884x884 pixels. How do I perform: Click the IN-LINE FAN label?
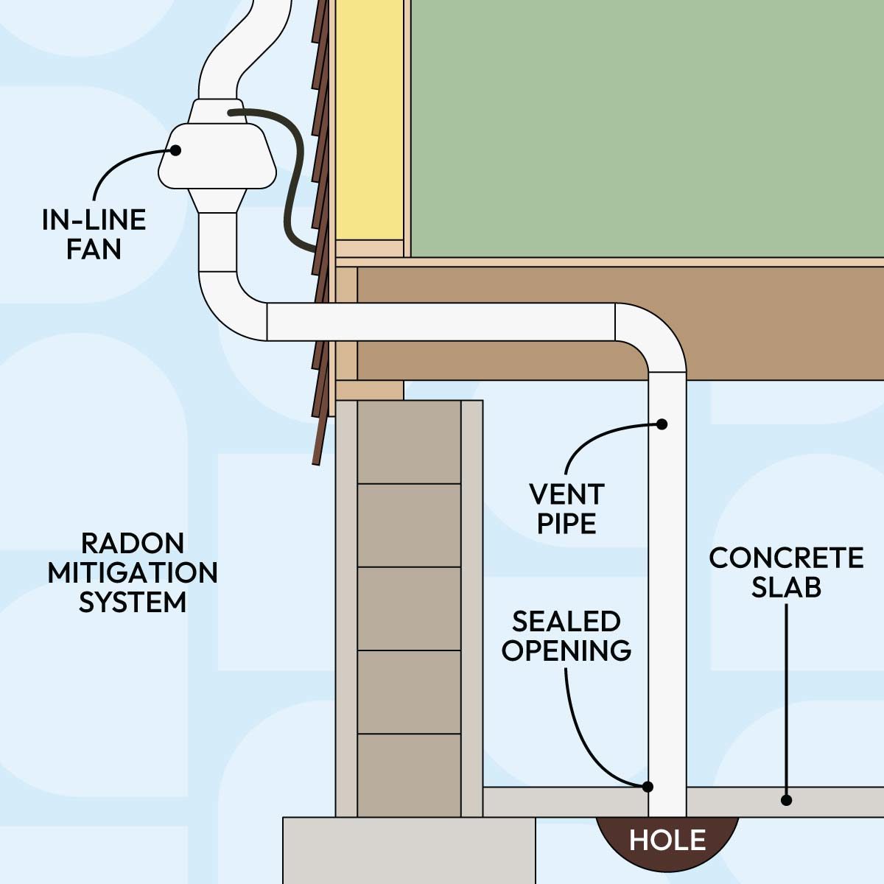coord(94,234)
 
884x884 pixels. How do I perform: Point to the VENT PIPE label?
coord(566,508)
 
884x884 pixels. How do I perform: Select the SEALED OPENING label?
coord(566,636)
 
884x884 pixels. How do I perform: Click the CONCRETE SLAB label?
coord(786,572)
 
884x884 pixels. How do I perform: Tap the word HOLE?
coord(667,840)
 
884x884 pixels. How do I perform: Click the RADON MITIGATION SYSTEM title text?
coord(133,572)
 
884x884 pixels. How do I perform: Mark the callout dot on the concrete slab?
coord(787,799)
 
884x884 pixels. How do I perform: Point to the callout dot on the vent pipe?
coord(662,424)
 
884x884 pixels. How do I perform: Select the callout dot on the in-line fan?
coord(175,150)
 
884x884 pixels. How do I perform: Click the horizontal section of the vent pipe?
coord(442,322)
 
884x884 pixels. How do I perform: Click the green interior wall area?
coord(641,125)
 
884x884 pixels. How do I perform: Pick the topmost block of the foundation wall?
coord(409,442)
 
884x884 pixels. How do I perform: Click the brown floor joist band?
coord(773,324)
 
